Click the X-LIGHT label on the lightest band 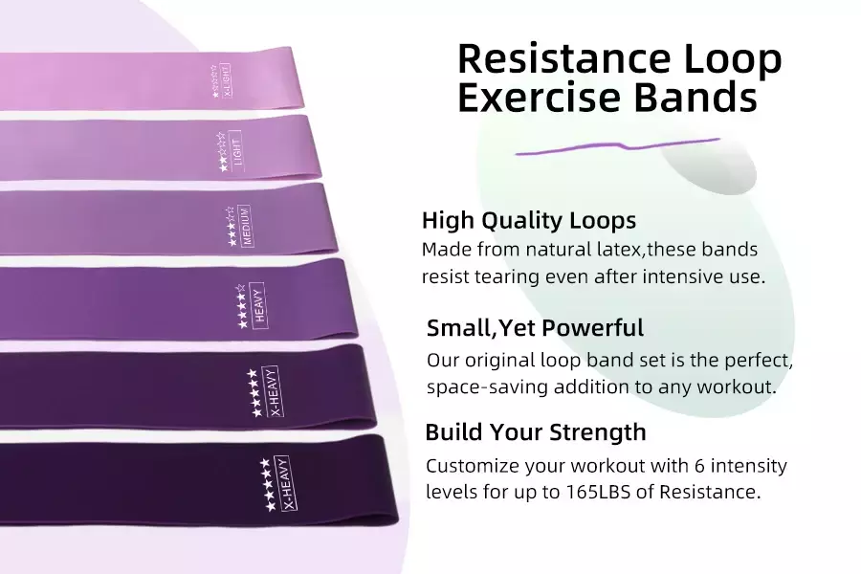(x=225, y=80)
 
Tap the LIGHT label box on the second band (x=236, y=150)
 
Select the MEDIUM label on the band (x=246, y=226)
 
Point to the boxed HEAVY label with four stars (x=258, y=305)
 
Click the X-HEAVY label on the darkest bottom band (x=287, y=483)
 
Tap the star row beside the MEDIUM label (x=232, y=227)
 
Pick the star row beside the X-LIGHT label (x=213, y=80)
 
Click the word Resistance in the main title (x=563, y=58)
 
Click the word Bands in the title (x=695, y=98)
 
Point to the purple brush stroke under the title (x=617, y=146)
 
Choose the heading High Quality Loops (x=529, y=220)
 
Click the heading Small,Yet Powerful (x=535, y=327)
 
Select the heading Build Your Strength (x=536, y=431)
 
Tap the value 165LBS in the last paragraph (x=598, y=491)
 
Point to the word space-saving (x=487, y=386)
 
